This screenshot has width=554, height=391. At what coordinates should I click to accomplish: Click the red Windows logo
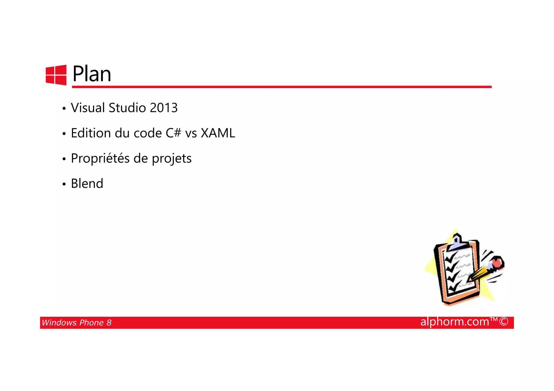56,75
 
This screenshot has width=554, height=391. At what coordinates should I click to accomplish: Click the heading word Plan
92,74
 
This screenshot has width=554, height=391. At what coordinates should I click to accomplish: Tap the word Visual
88,108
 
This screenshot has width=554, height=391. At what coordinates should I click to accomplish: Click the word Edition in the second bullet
91,133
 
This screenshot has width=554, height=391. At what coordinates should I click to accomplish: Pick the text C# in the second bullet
173,133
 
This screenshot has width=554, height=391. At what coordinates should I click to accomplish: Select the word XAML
218,133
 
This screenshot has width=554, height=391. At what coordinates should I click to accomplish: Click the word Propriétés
100,159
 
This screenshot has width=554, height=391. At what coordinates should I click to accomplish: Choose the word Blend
87,184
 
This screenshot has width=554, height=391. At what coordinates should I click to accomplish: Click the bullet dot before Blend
64,185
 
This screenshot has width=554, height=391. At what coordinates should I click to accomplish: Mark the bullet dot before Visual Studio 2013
64,109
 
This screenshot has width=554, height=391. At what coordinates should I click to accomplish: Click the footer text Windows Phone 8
77,323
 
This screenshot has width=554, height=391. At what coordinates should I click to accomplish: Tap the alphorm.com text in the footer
455,322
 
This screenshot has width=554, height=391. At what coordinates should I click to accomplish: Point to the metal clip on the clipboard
457,242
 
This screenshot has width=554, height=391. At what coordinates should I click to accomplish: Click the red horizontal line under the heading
281,87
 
